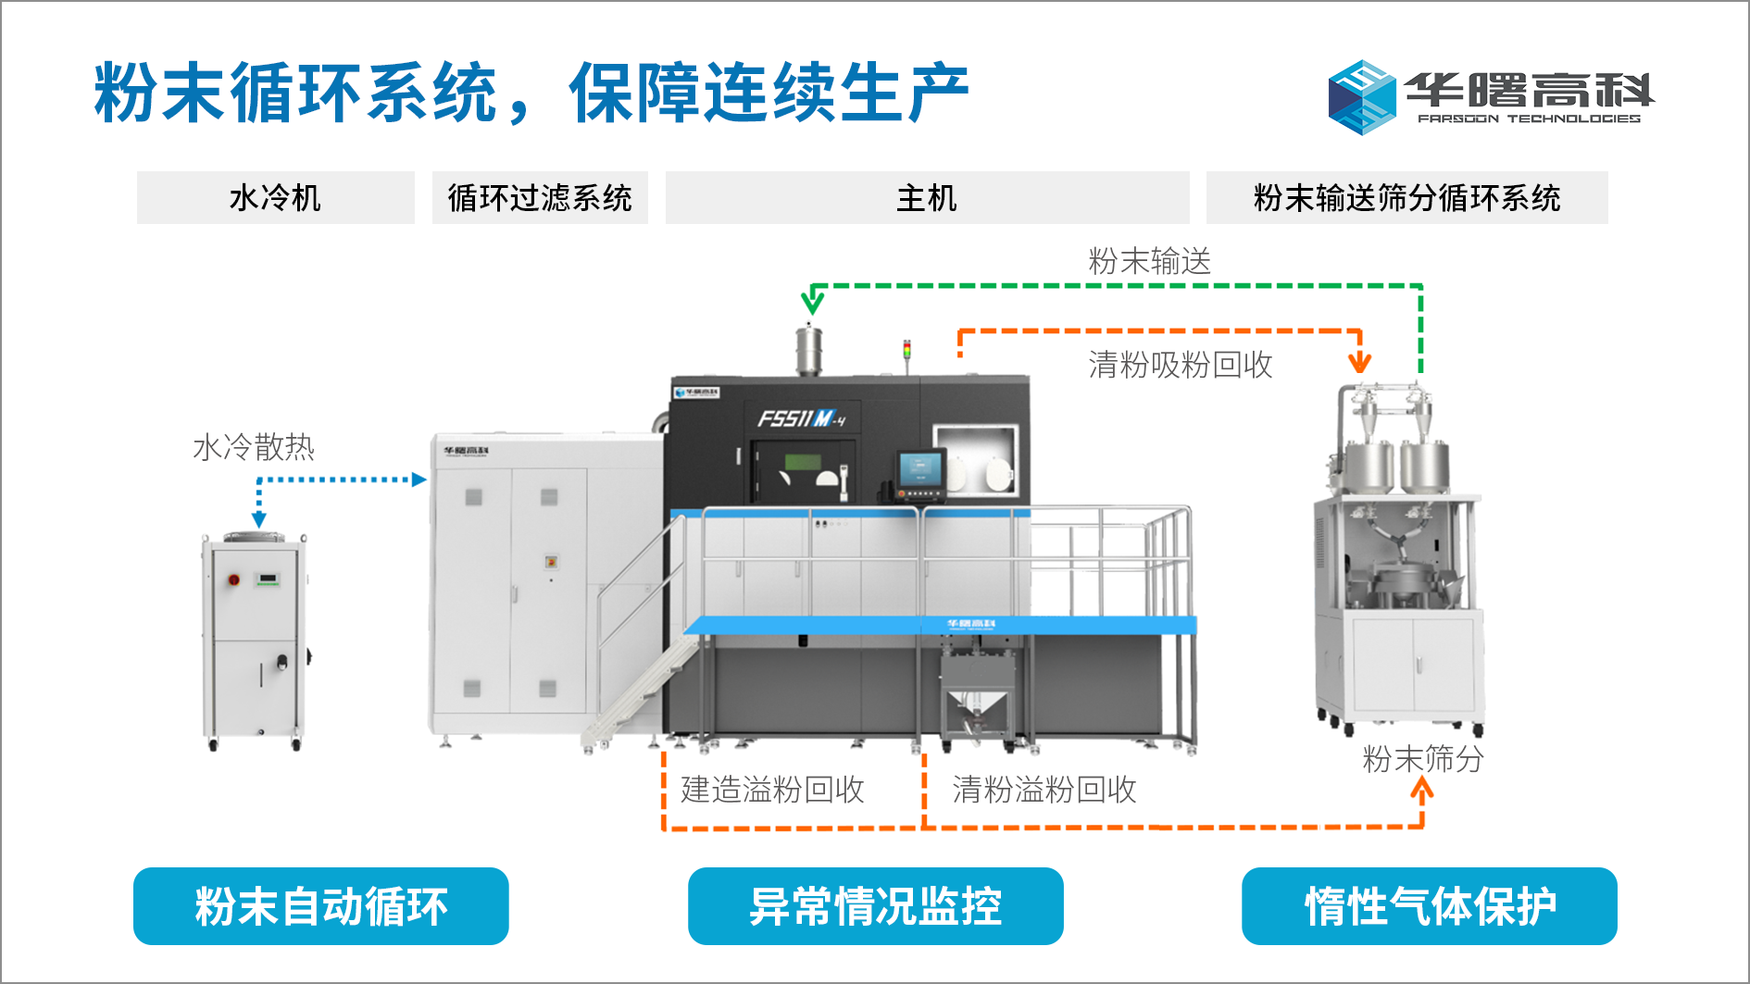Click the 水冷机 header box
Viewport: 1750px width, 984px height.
275,197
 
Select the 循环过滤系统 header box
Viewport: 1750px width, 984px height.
540,197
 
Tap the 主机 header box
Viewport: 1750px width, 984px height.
927,197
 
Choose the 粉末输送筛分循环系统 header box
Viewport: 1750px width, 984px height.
1406,197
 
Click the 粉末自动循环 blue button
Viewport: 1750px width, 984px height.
320,906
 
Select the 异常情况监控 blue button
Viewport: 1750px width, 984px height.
875,906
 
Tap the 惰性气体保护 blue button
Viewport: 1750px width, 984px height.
1429,906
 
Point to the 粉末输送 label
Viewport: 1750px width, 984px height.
1149,261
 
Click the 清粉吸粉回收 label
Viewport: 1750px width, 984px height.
1180,365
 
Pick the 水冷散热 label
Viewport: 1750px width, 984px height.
254,447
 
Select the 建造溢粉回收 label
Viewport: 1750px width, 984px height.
772,790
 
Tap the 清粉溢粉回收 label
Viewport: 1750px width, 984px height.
1044,790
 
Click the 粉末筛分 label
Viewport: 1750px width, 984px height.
1422,759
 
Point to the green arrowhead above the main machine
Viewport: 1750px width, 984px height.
812,302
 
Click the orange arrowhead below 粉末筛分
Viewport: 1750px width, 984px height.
1422,790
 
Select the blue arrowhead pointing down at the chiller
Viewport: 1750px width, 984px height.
259,519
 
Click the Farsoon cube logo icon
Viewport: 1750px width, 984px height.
1361,97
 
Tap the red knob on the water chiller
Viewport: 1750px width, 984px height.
234,579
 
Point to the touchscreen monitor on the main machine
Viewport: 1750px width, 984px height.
920,471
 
